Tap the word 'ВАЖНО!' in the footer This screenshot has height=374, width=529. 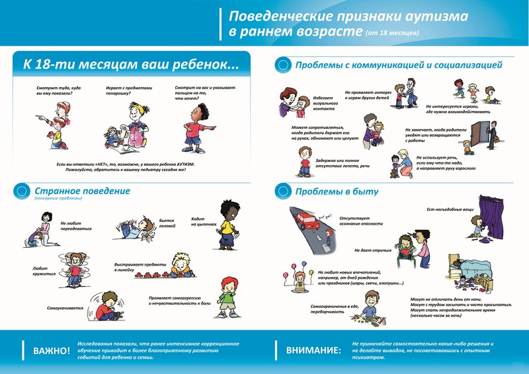click(x=51, y=350)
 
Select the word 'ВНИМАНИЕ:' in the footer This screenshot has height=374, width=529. click(x=313, y=350)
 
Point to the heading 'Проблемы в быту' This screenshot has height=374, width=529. click(x=337, y=192)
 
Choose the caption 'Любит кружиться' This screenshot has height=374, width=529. click(x=44, y=271)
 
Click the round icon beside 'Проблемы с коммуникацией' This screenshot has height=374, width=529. click(x=283, y=65)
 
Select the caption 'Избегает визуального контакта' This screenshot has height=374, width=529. click(x=325, y=104)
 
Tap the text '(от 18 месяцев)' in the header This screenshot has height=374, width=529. click(x=391, y=32)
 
